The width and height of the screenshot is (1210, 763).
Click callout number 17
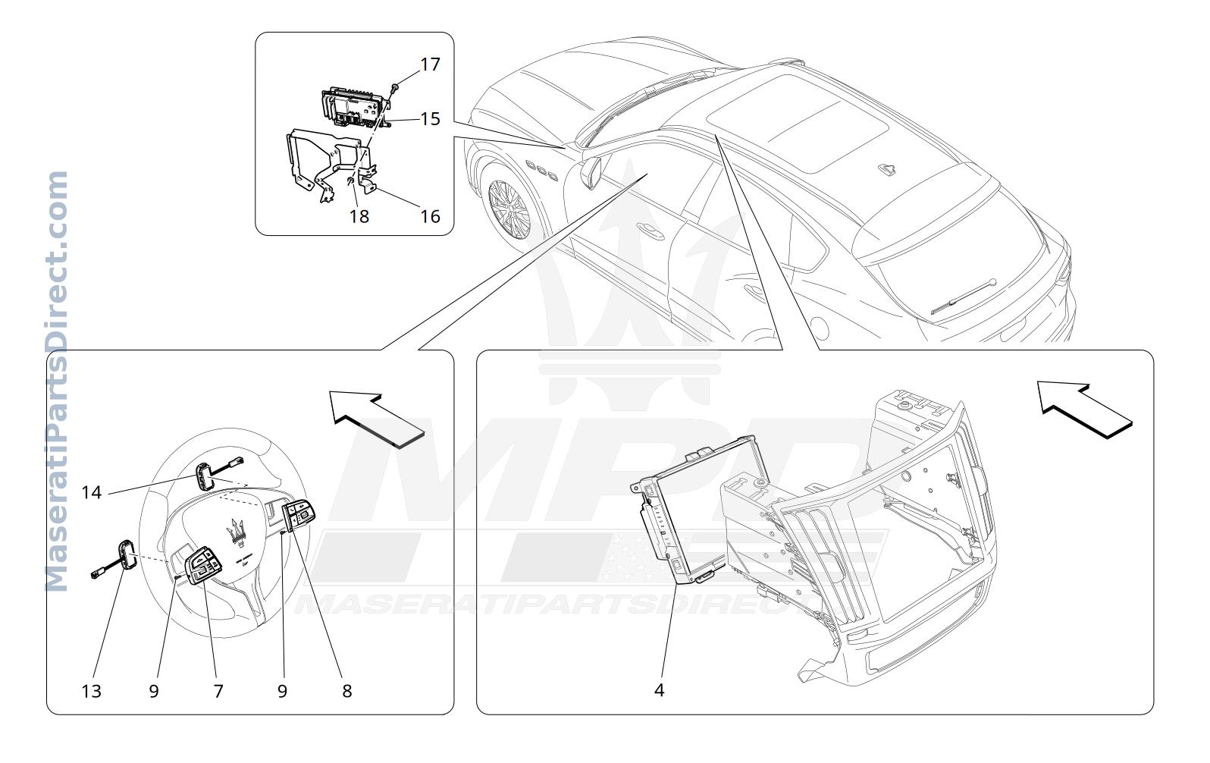[430, 64]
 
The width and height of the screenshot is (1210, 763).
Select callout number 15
[430, 119]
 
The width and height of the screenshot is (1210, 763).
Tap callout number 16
[430, 217]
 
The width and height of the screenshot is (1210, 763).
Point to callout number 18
[359, 217]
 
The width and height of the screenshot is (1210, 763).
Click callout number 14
[91, 492]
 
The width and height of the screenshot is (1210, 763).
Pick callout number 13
[91, 691]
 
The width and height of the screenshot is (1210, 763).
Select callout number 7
[218, 691]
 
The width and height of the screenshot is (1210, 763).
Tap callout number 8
[346, 691]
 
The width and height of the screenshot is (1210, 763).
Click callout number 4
[659, 690]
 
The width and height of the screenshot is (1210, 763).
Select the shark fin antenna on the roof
[887, 170]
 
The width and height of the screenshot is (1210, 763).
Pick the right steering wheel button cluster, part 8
[298, 514]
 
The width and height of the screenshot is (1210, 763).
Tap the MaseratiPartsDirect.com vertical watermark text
[57, 381]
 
